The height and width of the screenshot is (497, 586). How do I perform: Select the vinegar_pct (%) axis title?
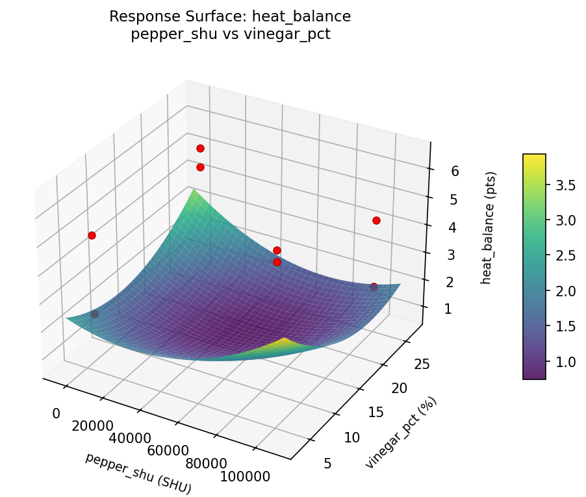[401, 433]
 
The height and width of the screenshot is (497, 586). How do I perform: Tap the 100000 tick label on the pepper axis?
[246, 477]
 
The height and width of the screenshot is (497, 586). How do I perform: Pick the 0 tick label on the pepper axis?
[57, 414]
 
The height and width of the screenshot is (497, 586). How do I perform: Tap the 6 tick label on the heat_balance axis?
[455, 171]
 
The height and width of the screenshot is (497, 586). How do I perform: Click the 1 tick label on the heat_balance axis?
[448, 309]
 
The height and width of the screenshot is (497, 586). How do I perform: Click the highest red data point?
[200, 148]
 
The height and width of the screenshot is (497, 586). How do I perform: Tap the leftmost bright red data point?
[92, 235]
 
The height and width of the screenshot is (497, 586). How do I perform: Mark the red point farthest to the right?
[376, 220]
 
